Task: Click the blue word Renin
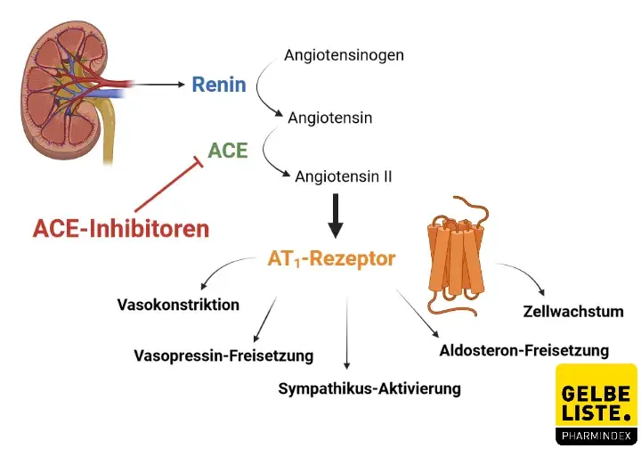pos(218,86)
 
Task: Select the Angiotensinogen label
pos(344,55)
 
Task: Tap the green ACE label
pos(228,151)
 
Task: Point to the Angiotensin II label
pos(343,176)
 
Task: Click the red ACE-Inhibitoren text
pos(121,229)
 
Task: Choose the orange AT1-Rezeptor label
pos(331,260)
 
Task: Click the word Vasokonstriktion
pos(178,305)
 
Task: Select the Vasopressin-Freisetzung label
pos(223,355)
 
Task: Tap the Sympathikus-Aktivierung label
pos(369,388)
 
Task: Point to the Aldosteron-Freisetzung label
pos(524,350)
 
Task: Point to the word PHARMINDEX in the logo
pos(596,436)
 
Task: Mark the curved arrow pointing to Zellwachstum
pos(525,279)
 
